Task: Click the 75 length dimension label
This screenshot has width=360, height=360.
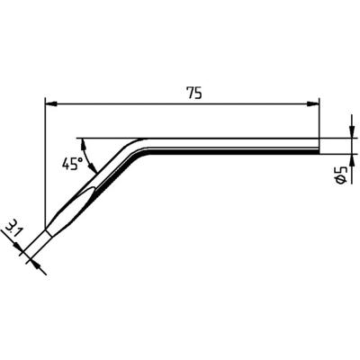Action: coord(194,94)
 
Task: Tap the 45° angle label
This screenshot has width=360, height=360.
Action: coord(72,164)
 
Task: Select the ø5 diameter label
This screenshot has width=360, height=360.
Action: coord(341,175)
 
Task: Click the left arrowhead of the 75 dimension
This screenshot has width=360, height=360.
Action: coord(50,104)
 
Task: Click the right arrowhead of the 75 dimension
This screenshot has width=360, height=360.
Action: coord(312,104)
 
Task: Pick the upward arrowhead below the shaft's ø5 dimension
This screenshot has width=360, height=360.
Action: coord(351,159)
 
